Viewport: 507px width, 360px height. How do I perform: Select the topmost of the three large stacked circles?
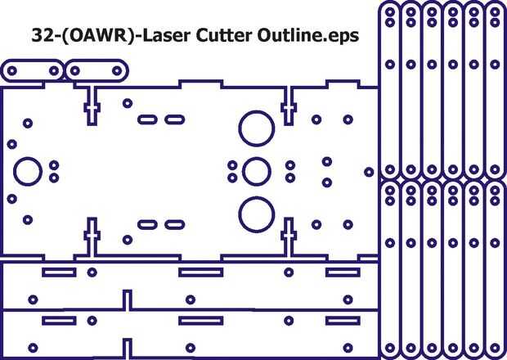click(x=255, y=127)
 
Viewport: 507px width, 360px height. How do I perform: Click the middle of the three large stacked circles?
click(x=255, y=170)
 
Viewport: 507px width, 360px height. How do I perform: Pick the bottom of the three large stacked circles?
click(x=255, y=214)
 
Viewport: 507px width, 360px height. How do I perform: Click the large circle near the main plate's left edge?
click(x=27, y=170)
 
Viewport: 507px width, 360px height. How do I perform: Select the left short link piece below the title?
click(x=32, y=71)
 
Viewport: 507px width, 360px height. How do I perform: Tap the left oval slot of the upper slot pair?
click(x=147, y=119)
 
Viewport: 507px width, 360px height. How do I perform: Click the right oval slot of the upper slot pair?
click(x=173, y=119)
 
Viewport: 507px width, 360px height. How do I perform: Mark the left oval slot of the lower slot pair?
click(x=147, y=223)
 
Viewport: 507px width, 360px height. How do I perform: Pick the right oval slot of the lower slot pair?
click(x=173, y=223)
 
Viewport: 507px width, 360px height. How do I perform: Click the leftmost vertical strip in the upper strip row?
click(x=390, y=90)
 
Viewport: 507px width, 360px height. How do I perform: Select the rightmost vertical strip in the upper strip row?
click(x=495, y=90)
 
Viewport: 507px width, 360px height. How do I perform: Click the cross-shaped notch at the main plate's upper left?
click(x=92, y=106)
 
